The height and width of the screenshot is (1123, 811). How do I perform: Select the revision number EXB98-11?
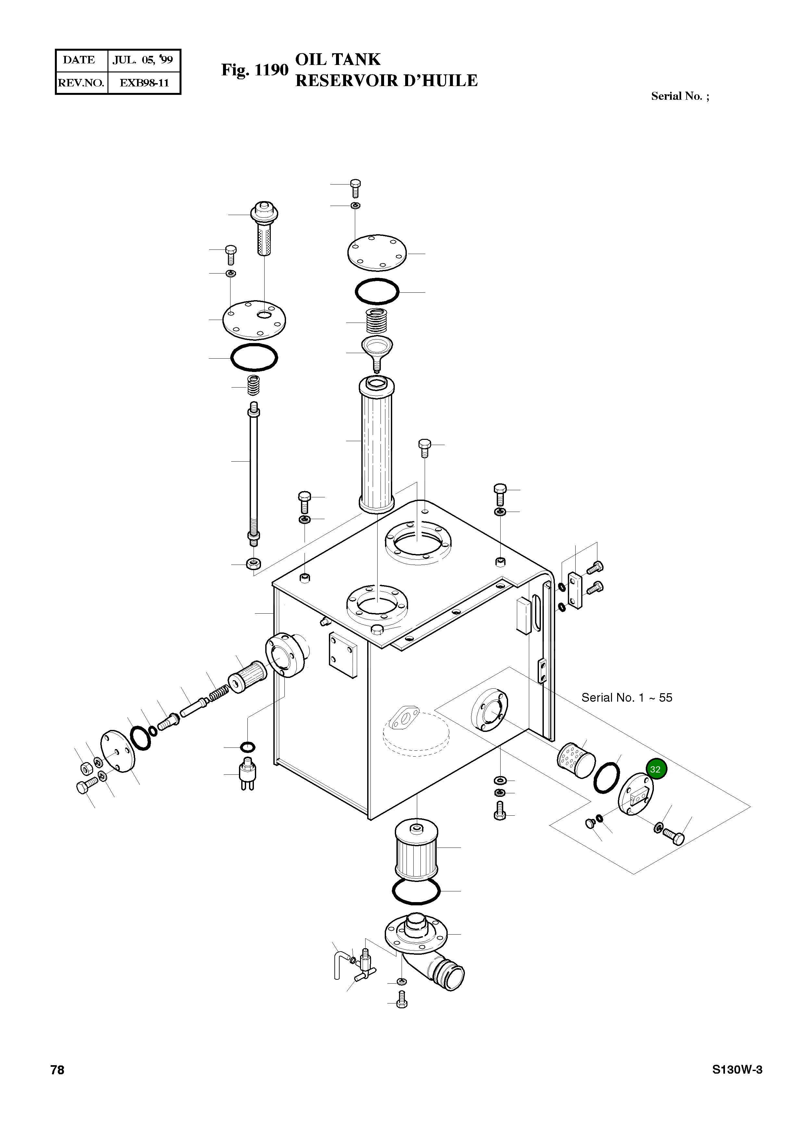click(x=144, y=83)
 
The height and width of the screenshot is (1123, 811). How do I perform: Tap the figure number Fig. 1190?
click(x=254, y=70)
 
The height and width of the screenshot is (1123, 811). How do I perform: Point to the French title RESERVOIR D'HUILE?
click(x=386, y=81)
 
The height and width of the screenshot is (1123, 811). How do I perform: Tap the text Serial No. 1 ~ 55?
click(x=627, y=698)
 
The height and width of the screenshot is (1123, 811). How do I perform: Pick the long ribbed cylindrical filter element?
click(x=376, y=445)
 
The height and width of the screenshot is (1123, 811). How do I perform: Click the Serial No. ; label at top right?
click(x=680, y=96)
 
